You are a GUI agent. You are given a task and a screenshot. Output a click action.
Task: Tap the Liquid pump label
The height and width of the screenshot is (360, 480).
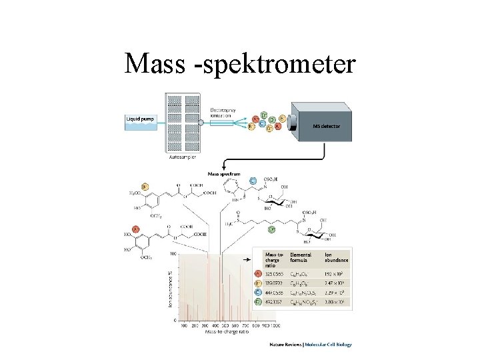coord(141,119)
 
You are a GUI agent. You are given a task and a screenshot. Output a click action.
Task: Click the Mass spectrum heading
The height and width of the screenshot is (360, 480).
coord(224,173)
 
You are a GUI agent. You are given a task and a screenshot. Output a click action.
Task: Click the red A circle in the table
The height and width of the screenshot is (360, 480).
coord(258,273)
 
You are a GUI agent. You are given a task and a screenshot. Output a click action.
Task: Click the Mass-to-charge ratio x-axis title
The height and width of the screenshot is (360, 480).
coord(227,331)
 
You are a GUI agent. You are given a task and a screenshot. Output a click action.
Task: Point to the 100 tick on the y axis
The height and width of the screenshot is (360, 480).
coord(173,254)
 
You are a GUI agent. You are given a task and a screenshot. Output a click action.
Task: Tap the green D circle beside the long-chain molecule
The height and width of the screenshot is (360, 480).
coord(271,230)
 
